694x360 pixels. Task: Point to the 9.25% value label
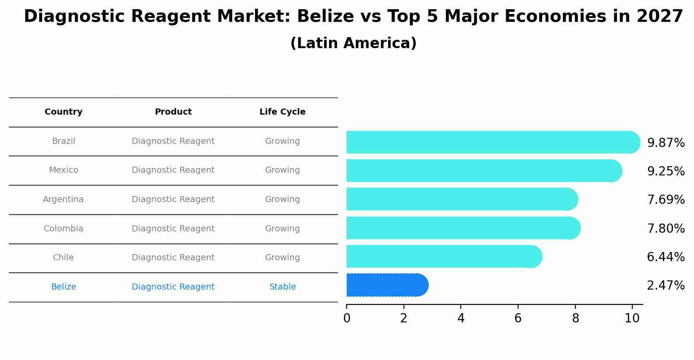point(666,171)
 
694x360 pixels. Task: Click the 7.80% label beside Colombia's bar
point(666,228)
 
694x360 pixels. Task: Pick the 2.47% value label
point(666,286)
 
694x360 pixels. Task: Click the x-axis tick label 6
point(518,318)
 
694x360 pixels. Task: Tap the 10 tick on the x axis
point(632,318)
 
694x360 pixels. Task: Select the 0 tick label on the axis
point(347,318)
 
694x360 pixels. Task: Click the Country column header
point(63,112)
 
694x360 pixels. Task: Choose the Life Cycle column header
point(282,112)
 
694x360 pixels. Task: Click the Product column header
point(173,112)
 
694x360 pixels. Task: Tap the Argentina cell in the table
point(63,199)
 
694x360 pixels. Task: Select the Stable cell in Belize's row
point(282,287)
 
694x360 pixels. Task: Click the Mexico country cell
point(63,170)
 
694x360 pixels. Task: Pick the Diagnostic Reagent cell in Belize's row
point(173,287)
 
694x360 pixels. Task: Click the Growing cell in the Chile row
point(282,258)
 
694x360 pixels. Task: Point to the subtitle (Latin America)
point(353,43)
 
